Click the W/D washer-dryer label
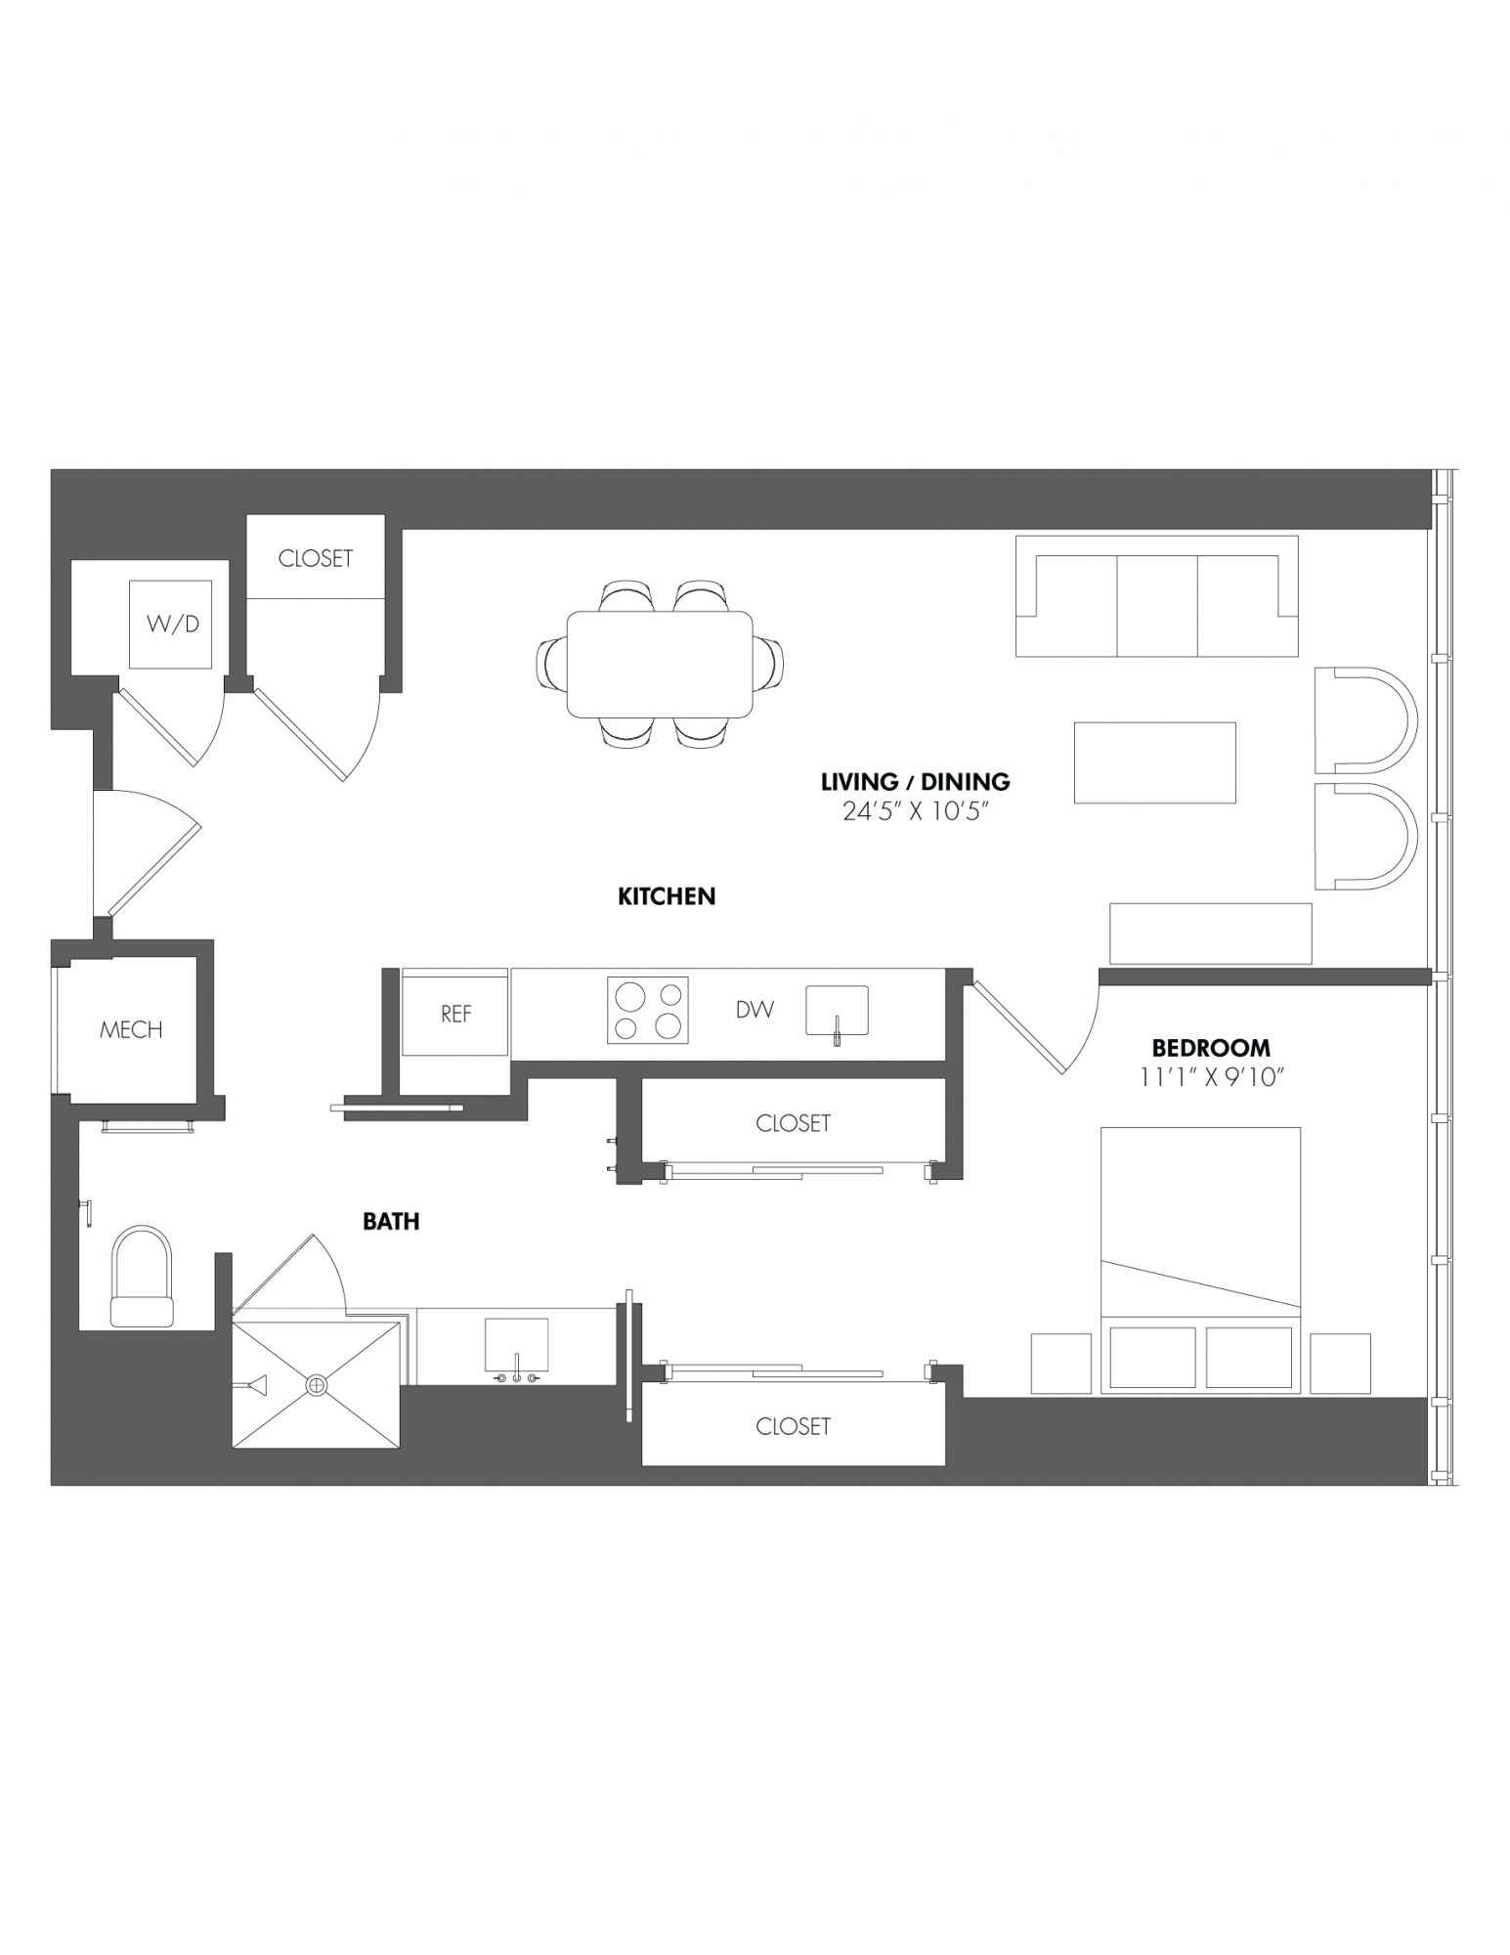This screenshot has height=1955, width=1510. coord(173,624)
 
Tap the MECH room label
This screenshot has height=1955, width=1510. coord(131,1029)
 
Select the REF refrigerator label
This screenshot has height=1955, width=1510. coord(456,1014)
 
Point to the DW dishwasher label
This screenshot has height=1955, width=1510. coord(755,1010)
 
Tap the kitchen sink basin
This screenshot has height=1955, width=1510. coord(837,1010)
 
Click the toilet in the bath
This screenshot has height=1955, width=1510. coord(143,1277)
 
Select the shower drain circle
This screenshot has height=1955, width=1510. coord(317,1384)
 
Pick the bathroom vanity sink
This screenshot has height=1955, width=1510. coord(517,1344)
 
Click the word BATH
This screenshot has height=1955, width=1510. coord(391,1221)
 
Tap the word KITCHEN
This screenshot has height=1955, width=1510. coord(667,895)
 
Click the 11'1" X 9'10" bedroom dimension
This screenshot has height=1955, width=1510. coord(1211,1077)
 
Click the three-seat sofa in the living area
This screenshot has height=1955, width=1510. coord(1157,595)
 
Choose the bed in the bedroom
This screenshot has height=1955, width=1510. coord(1200,1260)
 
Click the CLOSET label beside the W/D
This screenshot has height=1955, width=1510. coord(315,558)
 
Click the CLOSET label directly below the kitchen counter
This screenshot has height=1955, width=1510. coord(793,1123)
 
